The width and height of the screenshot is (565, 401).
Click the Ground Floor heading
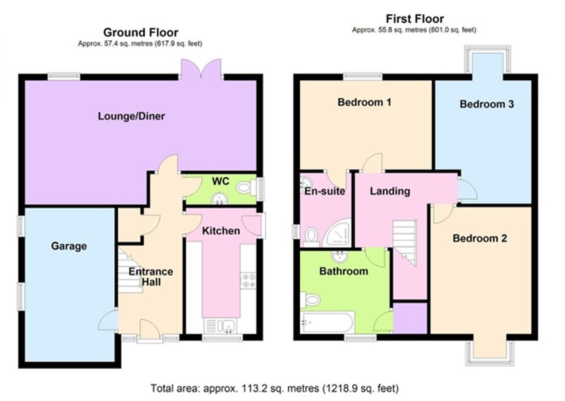pos(141,32)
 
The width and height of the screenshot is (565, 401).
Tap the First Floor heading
pos(415,19)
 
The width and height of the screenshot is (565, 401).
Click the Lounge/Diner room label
pos(131,116)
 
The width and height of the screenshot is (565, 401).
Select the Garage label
pos(69,246)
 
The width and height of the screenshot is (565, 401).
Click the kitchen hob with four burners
pos(248,280)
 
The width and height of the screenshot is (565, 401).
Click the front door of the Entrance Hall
pos(150,329)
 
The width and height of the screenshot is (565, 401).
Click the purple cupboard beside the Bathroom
pos(410,318)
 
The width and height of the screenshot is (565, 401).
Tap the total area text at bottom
pos(275,388)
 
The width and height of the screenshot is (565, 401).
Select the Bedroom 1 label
pos(364,102)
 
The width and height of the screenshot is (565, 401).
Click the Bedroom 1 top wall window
pos(363,76)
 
